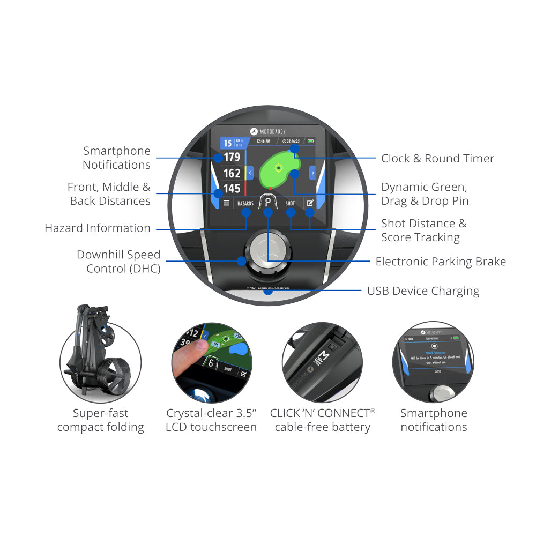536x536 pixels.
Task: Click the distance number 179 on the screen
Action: pyautogui.click(x=232, y=158)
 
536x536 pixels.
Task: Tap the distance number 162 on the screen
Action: pyautogui.click(x=232, y=173)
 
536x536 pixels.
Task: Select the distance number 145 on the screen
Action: pyautogui.click(x=232, y=189)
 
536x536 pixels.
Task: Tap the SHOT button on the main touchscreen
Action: pyautogui.click(x=290, y=204)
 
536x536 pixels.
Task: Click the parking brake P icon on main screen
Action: pyautogui.click(x=267, y=203)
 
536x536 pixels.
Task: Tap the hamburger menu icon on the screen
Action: pyautogui.click(x=226, y=204)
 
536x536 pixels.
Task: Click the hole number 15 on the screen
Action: pyautogui.click(x=228, y=143)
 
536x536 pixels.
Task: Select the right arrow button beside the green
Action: pyautogui.click(x=312, y=173)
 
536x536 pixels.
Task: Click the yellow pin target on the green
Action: pyautogui.click(x=278, y=168)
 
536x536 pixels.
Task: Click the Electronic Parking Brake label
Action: pyautogui.click(x=441, y=262)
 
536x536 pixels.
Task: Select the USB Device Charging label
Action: pyautogui.click(x=423, y=291)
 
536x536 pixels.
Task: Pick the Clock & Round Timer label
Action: pyautogui.click(x=437, y=159)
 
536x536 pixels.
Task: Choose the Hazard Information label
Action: pyautogui.click(x=98, y=228)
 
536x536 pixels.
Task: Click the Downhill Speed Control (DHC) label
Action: pyautogui.click(x=118, y=262)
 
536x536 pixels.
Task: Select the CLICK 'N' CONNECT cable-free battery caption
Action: pyautogui.click(x=322, y=420)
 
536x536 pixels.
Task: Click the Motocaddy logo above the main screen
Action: pyautogui.click(x=268, y=131)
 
